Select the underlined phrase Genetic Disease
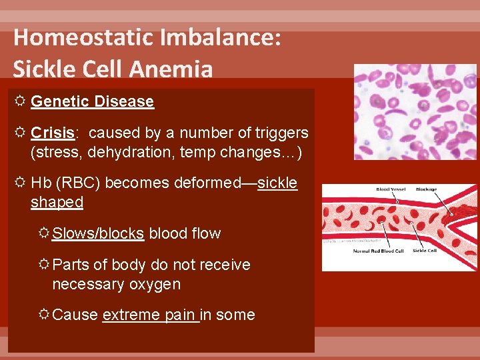point(92,101)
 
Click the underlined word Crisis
point(52,133)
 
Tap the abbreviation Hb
point(41,183)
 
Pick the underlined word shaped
point(57,202)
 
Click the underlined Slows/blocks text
point(98,233)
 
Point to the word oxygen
point(155,284)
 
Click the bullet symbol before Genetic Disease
point(19,101)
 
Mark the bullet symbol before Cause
point(43,315)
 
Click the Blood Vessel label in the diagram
point(392,190)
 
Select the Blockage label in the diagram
point(427,190)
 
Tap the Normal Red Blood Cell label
point(379,251)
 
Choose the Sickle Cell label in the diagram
point(425,251)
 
